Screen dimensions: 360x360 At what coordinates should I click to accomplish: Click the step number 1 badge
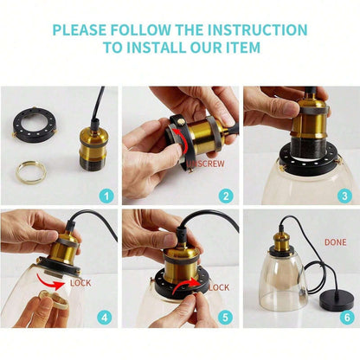coord(106,196)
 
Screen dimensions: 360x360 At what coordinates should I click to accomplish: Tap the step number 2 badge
coord(226,196)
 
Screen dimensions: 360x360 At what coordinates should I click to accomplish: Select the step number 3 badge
coord(344,196)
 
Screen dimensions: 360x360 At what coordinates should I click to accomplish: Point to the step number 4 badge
coord(105,318)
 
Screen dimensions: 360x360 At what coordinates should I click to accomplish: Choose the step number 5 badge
coord(225,318)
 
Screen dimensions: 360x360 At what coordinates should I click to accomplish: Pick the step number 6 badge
coord(347,318)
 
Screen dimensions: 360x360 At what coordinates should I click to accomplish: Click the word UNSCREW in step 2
coord(205,164)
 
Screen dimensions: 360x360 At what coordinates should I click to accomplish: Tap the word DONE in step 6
coord(336,242)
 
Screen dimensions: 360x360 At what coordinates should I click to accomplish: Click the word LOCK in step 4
coord(80,283)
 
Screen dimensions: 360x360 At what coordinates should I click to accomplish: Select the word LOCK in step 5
coord(219,287)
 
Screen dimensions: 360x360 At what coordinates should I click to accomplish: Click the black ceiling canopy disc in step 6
coord(337,300)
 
